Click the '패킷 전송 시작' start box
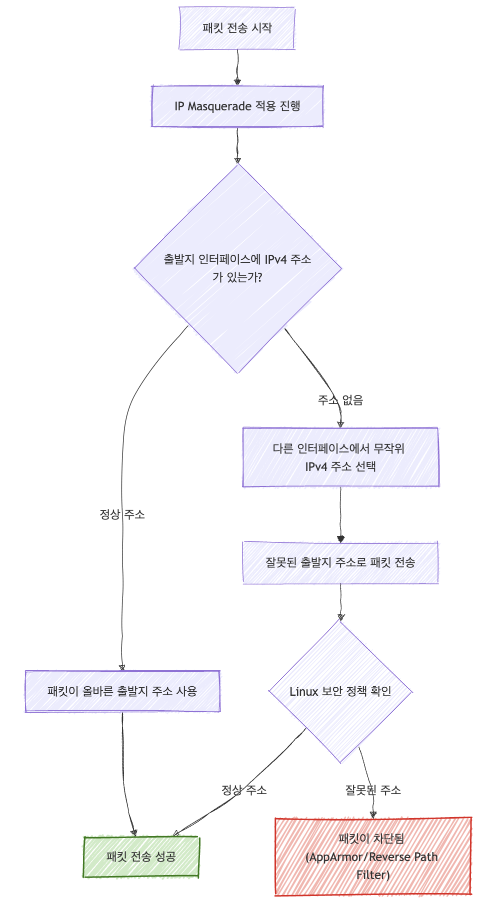click(x=237, y=28)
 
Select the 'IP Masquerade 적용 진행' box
click(x=237, y=106)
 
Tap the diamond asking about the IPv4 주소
click(x=238, y=268)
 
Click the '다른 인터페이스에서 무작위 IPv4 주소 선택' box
click(x=340, y=457)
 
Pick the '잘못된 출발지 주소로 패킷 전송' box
click(x=340, y=562)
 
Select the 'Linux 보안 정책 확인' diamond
click(x=340, y=692)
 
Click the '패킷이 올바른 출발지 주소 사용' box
click(x=122, y=691)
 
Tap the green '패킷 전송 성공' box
click(x=141, y=857)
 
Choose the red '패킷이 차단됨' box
click(x=373, y=857)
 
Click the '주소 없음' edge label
click(x=340, y=400)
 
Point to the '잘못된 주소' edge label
click(x=373, y=790)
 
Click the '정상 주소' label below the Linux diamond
click(x=244, y=790)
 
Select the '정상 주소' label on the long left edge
click(x=122, y=514)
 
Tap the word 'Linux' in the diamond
click(x=304, y=692)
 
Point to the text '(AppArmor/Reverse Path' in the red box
click(x=371, y=857)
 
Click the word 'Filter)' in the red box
click(x=373, y=875)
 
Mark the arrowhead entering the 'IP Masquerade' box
click(x=237, y=82)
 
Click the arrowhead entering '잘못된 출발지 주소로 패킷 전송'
click(x=340, y=539)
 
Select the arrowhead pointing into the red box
click(x=373, y=815)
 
